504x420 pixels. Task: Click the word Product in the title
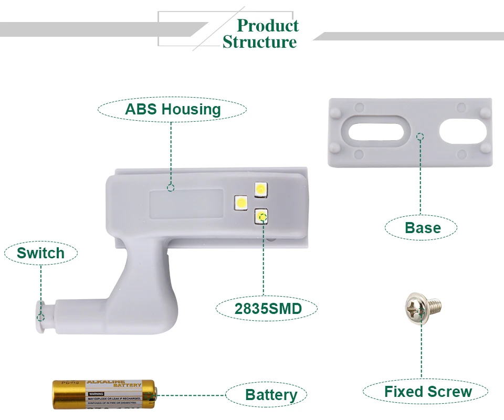tap(268, 25)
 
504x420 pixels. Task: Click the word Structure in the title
tap(259, 42)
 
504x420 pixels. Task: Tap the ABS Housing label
tap(173, 110)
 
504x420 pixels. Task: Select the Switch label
tap(40, 253)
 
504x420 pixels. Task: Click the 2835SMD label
tap(268, 308)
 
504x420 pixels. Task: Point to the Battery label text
tap(271, 395)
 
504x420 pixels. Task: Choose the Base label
tap(422, 228)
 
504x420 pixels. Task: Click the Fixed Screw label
tap(427, 392)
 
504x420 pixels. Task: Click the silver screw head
tap(415, 308)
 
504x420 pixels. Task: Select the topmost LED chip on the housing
tap(261, 189)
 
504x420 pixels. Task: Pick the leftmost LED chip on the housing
tap(241, 202)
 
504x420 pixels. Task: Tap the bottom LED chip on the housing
tap(261, 215)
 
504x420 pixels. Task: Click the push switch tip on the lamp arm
tap(40, 316)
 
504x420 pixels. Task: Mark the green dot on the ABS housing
tap(170, 187)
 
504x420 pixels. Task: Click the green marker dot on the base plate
tap(419, 137)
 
